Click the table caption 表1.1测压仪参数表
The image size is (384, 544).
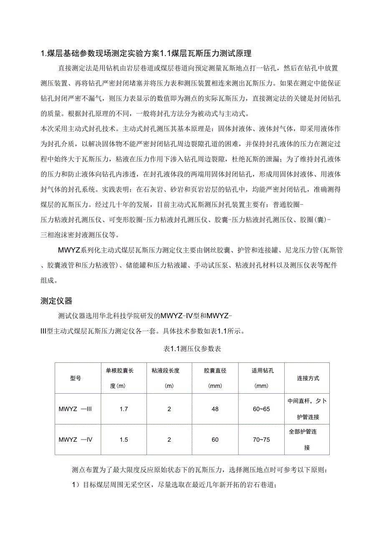click(192, 349)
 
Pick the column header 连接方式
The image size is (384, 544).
click(308, 378)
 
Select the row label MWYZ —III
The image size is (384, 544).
click(76, 409)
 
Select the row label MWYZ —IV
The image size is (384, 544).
click(76, 440)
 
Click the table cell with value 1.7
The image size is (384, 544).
click(124, 409)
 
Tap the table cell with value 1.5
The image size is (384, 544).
click(124, 440)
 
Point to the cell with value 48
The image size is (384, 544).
click(215, 409)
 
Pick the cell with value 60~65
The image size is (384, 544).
click(261, 409)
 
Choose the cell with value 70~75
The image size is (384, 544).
click(261, 440)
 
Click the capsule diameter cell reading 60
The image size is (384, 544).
click(215, 440)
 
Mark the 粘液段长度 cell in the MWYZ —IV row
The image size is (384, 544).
click(169, 440)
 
